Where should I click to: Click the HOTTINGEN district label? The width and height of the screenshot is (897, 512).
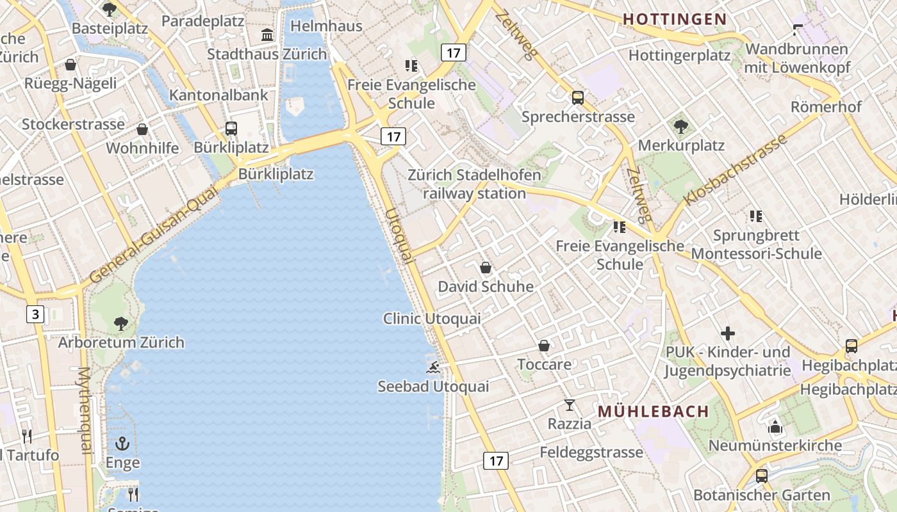675,19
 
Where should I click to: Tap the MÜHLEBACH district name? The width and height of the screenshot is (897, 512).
654,412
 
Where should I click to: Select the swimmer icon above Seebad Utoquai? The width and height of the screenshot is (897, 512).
434,367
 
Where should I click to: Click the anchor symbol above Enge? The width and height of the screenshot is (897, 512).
122,443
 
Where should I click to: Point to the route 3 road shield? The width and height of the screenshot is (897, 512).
35,314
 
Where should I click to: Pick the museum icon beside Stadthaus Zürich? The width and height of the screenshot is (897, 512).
267,35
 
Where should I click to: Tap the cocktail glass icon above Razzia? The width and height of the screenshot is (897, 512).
569,404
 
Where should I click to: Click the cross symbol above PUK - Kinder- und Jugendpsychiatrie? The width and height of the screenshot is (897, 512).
727,333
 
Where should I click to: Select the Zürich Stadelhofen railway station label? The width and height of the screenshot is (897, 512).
474,184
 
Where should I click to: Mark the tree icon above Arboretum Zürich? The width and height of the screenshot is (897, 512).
120,323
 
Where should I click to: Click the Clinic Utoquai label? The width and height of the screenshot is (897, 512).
432,318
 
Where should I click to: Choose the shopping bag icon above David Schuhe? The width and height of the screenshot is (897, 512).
486,268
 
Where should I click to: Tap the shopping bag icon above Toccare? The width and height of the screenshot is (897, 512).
544,346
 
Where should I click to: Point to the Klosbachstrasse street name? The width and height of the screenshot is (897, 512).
735,171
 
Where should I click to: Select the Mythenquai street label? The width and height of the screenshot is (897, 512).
85,410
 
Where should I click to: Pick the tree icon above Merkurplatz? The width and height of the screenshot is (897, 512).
680,127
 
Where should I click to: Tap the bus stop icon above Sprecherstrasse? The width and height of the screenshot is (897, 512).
577,97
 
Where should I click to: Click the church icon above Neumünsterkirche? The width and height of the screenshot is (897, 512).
775,426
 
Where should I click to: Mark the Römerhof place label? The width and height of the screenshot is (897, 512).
826,107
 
